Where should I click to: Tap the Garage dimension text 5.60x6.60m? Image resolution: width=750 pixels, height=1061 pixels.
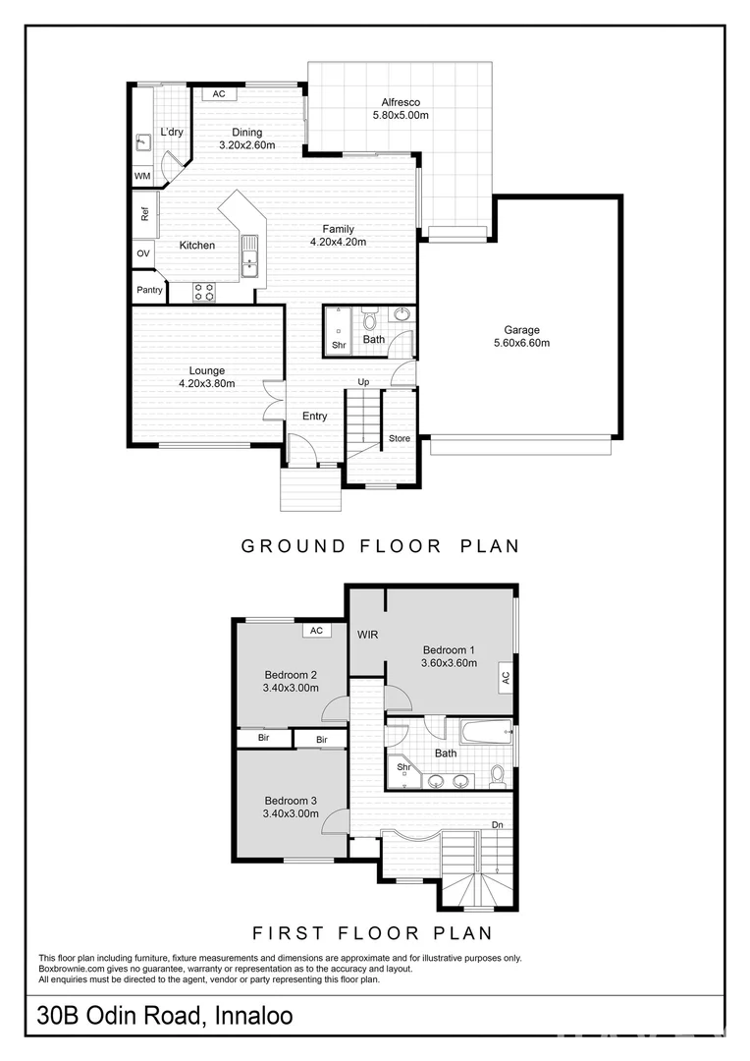pos(521,343)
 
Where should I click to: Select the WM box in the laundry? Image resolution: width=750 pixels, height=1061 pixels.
pos(142,176)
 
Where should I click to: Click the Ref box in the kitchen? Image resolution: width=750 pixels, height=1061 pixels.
pos(144,212)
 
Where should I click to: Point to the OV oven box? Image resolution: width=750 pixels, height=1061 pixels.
pos(143,253)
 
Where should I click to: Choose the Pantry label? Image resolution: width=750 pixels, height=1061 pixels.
pos(149,290)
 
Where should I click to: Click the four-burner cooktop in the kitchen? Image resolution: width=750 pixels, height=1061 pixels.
pos(204,291)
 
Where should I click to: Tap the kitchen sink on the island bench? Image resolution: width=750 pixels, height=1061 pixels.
pos(249,255)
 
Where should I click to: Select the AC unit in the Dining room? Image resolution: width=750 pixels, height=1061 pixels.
pos(219,94)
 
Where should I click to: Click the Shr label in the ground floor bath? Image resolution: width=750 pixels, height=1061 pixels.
pos(338,345)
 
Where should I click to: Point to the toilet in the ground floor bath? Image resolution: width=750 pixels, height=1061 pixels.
pos(369,320)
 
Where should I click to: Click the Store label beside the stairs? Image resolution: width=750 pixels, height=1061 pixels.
pos(399,438)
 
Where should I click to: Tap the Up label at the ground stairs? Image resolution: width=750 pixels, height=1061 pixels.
pos(363,382)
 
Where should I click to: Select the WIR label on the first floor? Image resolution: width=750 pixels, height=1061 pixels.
pos(368,636)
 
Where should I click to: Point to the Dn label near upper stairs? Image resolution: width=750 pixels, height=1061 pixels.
pos(498,824)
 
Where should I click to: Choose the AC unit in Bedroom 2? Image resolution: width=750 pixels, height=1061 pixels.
pos(316,631)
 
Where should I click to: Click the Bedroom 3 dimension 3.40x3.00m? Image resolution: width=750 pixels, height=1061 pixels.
pos(291,813)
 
